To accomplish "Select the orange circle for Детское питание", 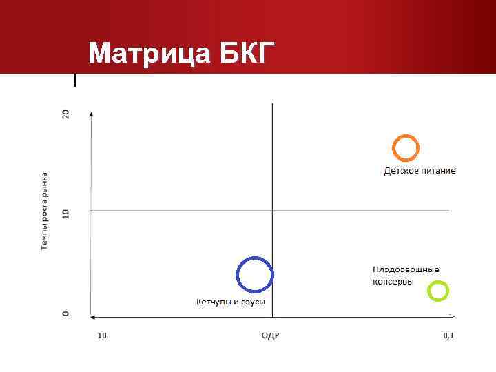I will pyautogui.click(x=406, y=148).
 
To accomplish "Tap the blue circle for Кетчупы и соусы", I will pyautogui.click(x=255, y=275).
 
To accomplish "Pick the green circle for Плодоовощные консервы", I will pyautogui.click(x=437, y=291).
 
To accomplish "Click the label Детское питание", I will pyautogui.click(x=420, y=170).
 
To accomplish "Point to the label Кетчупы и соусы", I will pyautogui.click(x=231, y=302).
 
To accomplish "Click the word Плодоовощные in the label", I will pyautogui.click(x=406, y=269).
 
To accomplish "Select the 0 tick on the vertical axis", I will pyautogui.click(x=66, y=313).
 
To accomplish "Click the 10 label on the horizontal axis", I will pyautogui.click(x=101, y=335).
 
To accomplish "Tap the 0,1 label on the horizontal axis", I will pyautogui.click(x=448, y=335).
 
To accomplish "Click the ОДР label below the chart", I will pyautogui.click(x=271, y=335).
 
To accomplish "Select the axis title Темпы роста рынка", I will pyautogui.click(x=45, y=211).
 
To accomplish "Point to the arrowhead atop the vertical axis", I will pyautogui.click(x=91, y=113).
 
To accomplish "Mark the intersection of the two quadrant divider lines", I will pyautogui.click(x=272, y=211).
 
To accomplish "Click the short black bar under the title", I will pyautogui.click(x=74, y=80).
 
